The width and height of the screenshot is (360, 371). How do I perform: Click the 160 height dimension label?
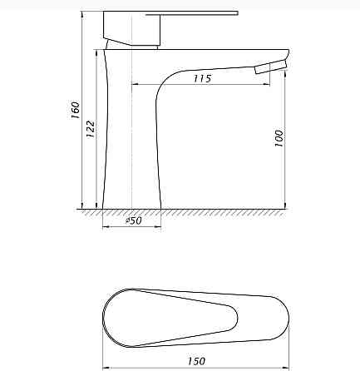point(76,110)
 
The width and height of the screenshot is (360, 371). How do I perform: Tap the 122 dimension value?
point(91,129)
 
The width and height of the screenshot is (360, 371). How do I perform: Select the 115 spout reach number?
point(203,78)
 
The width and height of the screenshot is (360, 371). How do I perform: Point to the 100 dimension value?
point(279,138)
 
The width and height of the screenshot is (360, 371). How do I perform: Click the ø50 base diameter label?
point(134,220)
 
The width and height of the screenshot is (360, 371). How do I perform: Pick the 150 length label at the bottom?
point(196,361)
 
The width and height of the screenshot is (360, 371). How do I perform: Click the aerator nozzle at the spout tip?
point(271,67)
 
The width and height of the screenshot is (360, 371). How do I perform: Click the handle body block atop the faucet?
point(131,28)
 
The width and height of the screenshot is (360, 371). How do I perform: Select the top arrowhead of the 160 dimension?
point(82,14)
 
